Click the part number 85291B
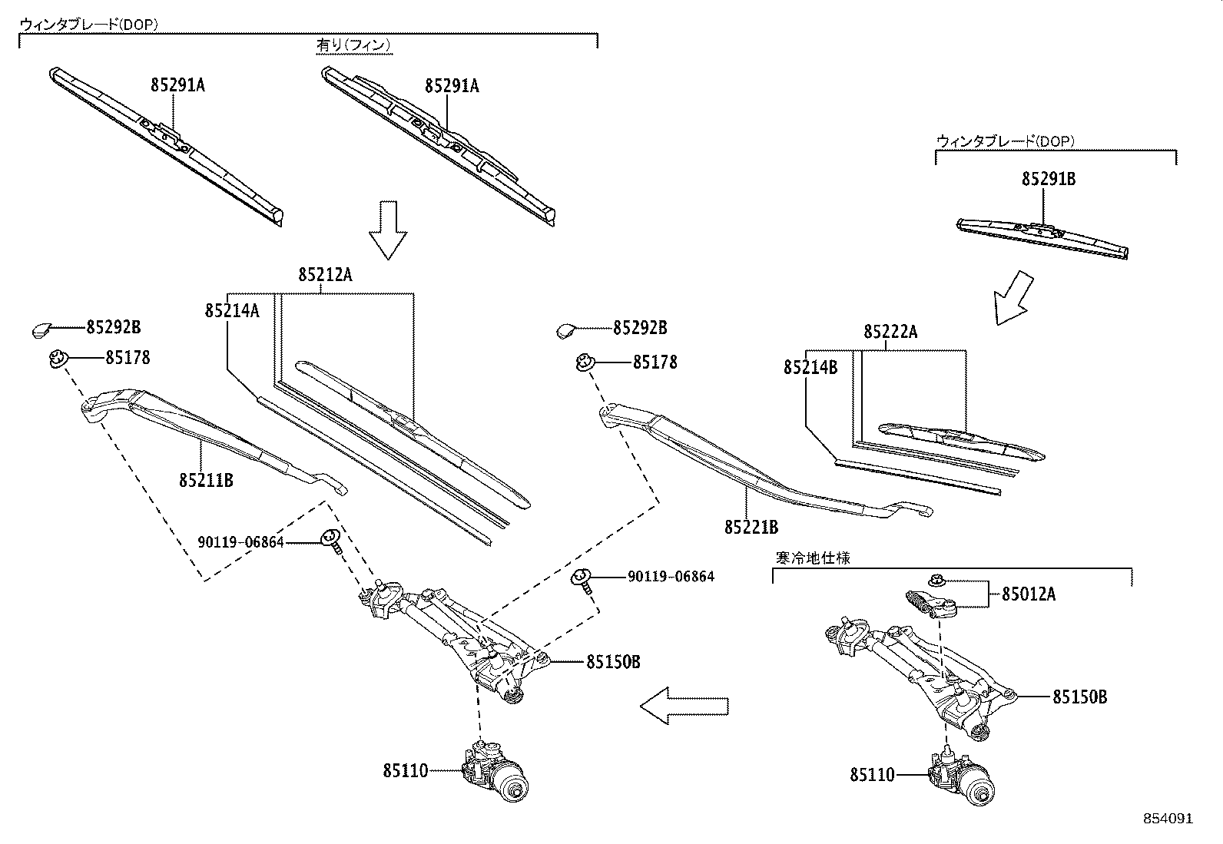coord(1048,180)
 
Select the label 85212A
coord(325,274)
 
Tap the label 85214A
coord(231,310)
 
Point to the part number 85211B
coord(206,481)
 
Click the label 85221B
coord(751,528)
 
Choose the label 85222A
coord(890,332)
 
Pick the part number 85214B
coord(810,368)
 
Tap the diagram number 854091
coord(1168,819)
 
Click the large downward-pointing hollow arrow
coord(388,230)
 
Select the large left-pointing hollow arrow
coord(683,705)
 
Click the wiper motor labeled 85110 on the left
coord(496,771)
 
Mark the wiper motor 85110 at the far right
coord(960,777)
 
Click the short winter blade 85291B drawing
coord(1043,237)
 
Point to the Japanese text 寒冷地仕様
coord(812,558)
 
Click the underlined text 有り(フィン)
coord(354,45)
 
